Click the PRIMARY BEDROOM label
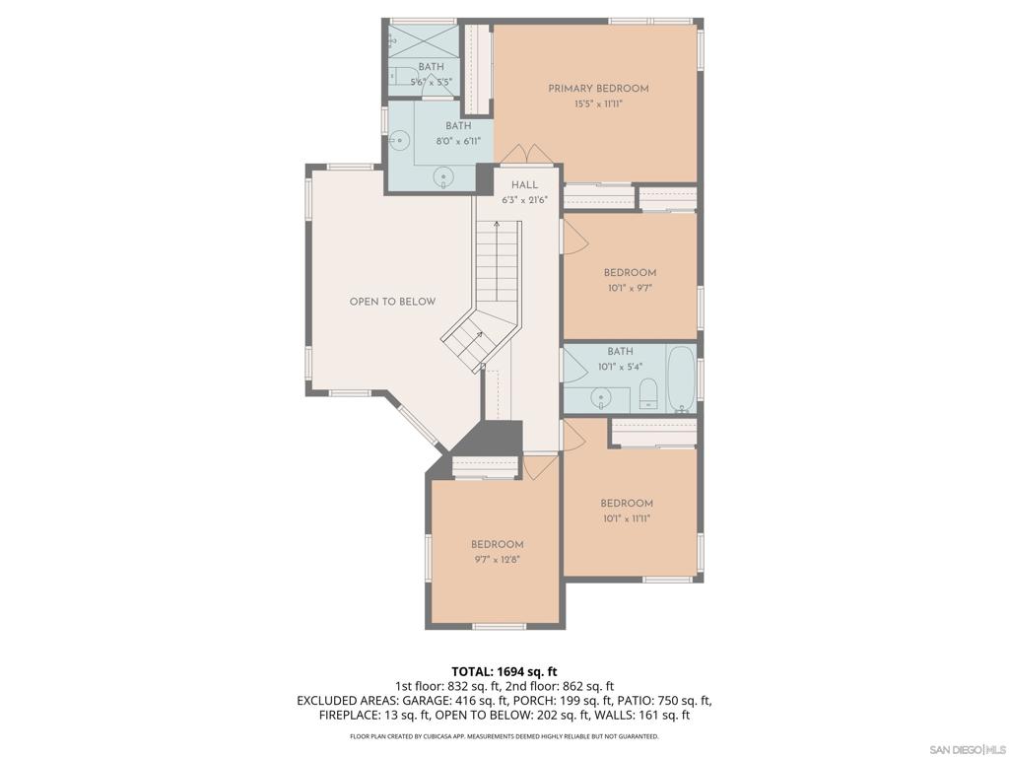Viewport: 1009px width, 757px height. point(598,89)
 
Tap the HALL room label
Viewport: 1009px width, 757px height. point(524,185)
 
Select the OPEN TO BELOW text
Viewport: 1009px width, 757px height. point(392,302)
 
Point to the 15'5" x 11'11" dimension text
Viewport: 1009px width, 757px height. point(598,103)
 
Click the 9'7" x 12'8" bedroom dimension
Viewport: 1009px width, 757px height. point(497,559)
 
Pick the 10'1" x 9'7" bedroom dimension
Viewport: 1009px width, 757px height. point(630,288)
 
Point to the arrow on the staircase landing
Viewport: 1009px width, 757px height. point(477,338)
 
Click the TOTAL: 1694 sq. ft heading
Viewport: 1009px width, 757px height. point(504,671)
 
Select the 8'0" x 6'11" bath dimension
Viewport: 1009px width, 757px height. point(458,141)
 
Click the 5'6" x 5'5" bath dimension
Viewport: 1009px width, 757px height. point(431,82)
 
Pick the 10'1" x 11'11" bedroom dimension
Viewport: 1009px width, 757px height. point(627,517)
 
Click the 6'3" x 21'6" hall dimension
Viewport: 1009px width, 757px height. point(524,200)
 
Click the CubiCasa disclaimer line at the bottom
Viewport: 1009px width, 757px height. point(504,736)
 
